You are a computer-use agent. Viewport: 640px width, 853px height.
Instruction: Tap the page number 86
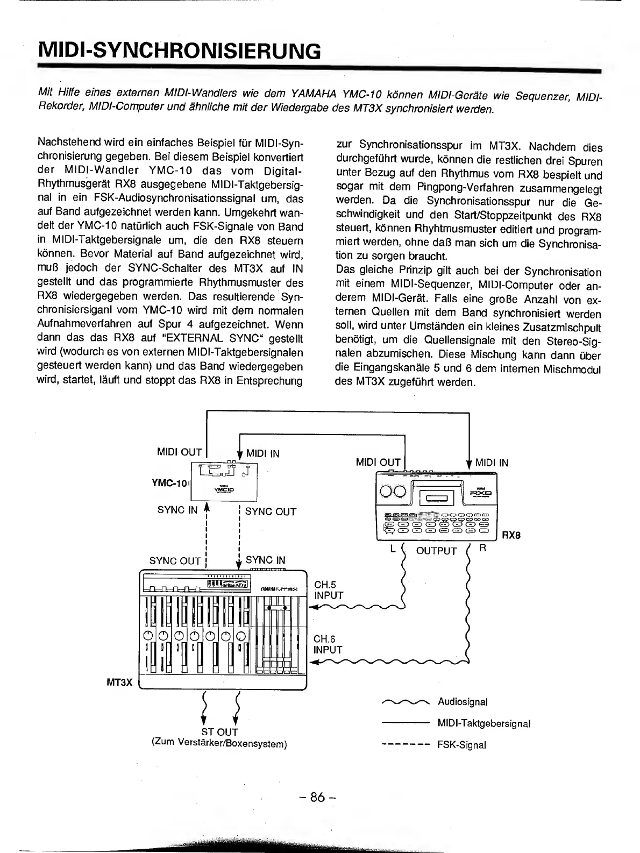pos(318,797)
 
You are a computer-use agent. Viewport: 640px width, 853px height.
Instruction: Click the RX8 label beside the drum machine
pos(511,536)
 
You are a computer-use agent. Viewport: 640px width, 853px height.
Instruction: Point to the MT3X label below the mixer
pos(119,683)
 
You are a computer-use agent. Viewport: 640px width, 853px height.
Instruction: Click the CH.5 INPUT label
pos(328,590)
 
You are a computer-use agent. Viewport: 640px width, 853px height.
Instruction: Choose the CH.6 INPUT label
pos(328,644)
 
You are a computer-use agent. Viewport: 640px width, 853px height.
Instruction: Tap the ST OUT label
pos(219,732)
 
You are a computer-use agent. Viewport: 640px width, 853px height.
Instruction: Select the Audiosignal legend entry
pos(463,702)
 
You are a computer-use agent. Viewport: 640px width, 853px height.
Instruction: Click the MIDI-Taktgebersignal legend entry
pos(484,723)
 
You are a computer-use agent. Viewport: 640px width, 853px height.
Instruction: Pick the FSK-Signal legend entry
pos(461,745)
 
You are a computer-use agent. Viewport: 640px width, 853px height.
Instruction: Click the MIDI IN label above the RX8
pos(492,463)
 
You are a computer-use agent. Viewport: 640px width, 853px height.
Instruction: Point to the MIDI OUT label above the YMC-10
pos(179,452)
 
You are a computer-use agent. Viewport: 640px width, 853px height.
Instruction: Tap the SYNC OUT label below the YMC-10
pos(271,511)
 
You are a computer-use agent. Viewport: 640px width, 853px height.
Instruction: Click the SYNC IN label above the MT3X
pos(265,560)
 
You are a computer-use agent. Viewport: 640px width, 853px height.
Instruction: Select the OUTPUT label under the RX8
pos(436,551)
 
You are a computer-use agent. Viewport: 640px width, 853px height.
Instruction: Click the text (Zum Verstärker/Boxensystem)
pos(219,744)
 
